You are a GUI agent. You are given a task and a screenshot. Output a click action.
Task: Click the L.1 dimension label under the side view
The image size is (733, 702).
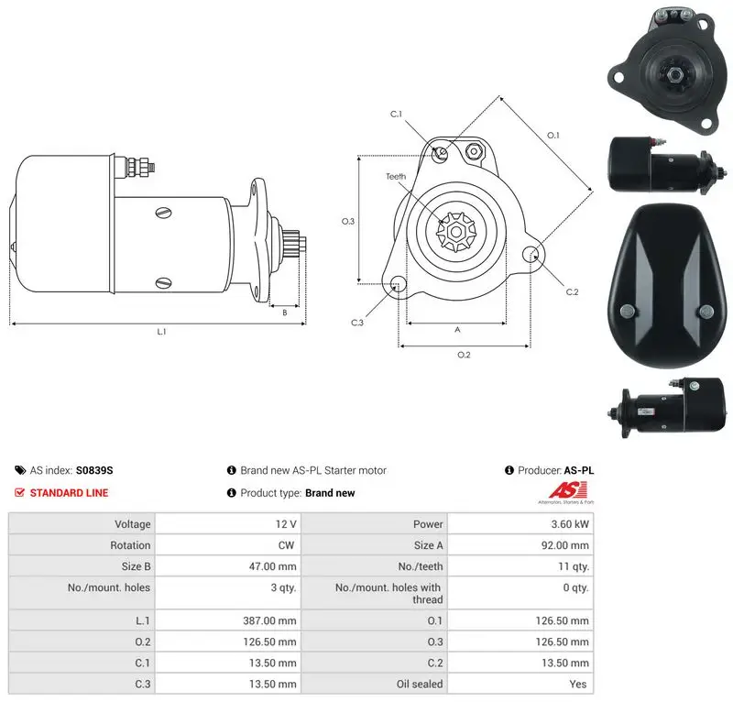(161, 332)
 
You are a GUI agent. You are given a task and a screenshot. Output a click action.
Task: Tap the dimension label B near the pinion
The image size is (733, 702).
(285, 313)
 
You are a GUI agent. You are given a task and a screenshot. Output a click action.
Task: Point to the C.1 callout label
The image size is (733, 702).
(396, 114)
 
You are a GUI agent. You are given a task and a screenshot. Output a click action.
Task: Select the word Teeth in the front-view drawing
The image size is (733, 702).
(396, 176)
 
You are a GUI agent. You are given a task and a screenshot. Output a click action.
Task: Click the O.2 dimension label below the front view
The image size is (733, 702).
(464, 355)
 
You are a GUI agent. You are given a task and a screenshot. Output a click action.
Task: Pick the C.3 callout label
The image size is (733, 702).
(357, 323)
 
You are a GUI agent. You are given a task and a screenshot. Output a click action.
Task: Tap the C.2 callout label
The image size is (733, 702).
(572, 291)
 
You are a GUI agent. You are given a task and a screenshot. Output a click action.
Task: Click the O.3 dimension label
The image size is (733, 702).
(348, 221)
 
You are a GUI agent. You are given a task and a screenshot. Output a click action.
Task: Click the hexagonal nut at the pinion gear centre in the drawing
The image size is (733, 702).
(455, 232)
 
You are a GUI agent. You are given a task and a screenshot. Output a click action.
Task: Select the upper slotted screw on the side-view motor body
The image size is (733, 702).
(163, 213)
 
